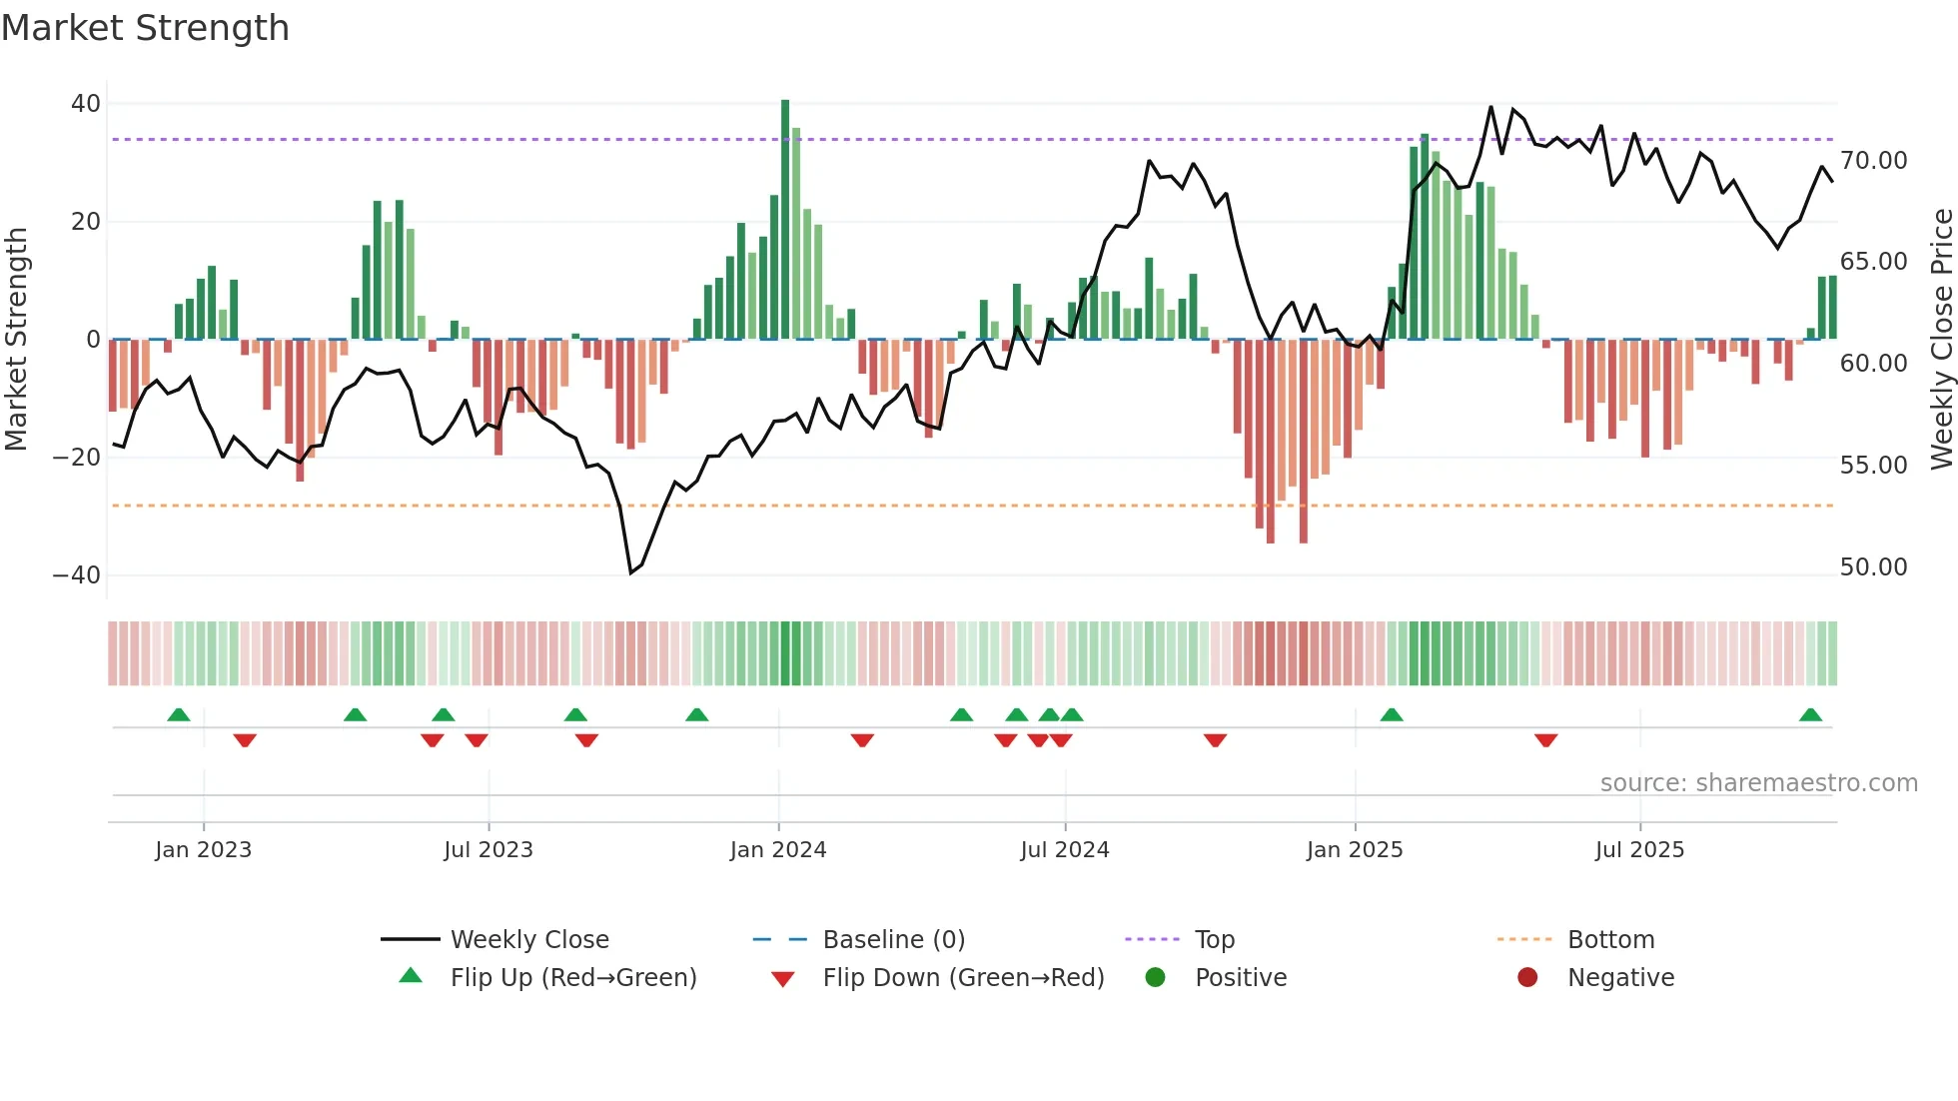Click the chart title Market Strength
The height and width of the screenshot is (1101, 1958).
145,28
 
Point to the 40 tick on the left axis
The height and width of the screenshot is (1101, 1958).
86,104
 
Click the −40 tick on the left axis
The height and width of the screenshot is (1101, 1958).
77,575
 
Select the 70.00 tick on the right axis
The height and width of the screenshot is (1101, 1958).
1873,161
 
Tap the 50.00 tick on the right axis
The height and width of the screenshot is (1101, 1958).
1873,567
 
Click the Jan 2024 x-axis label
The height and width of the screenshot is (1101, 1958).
778,850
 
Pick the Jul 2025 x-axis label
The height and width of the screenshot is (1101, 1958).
1639,850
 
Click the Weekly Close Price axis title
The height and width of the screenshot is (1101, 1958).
1941,340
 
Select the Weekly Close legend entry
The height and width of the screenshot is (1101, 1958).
528,940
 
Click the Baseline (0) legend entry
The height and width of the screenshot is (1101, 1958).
893,940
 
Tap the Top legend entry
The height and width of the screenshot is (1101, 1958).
1214,940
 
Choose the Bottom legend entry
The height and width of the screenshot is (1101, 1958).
1610,940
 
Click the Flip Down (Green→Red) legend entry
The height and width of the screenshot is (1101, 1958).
962,978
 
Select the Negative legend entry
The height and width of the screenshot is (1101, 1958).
1620,978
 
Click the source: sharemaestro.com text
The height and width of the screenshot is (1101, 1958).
1758,783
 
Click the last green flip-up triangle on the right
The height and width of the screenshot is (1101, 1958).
1810,714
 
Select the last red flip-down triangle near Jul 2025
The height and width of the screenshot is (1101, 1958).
1545,740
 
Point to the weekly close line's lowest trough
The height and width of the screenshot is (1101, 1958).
630,572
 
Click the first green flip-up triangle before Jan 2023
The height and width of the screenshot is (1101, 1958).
178,714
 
